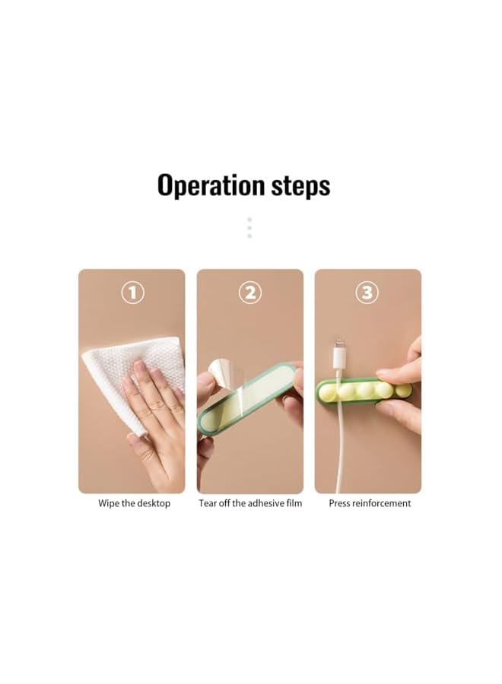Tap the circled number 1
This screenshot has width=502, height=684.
click(132, 293)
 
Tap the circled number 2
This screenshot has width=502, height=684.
click(250, 293)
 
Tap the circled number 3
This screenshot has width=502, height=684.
click(367, 293)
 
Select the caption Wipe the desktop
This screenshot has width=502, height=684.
click(134, 503)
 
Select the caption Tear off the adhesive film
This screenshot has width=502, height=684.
click(250, 503)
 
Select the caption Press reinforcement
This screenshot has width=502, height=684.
click(370, 503)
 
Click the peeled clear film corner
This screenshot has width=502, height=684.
click(221, 372)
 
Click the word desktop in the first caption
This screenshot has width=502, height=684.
click(153, 504)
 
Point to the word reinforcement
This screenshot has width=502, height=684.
click(382, 503)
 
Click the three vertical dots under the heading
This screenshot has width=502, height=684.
click(249, 228)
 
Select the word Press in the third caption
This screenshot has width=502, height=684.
click(340, 503)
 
